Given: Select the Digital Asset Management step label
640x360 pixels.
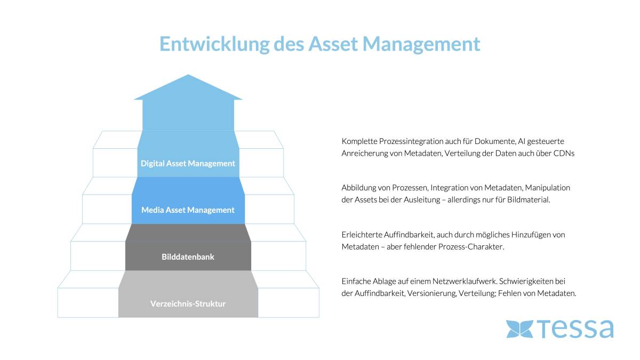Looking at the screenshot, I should tap(188, 163).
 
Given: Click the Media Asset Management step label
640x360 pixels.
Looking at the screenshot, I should tap(188, 210).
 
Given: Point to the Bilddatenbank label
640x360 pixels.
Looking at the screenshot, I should tap(188, 257).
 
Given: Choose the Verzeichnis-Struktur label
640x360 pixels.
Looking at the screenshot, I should tap(188, 303).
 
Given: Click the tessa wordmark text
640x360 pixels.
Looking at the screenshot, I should tap(575, 329).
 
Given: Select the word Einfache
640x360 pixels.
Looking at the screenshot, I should tap(356, 281).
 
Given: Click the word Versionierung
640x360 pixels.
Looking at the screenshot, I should tap(430, 293).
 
